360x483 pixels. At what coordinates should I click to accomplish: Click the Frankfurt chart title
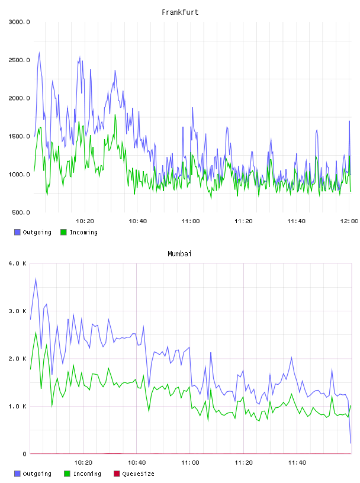click(x=180, y=12)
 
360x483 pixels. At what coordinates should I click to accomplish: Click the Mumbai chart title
click(x=179, y=254)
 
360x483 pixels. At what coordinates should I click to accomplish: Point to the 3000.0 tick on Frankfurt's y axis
click(x=19, y=22)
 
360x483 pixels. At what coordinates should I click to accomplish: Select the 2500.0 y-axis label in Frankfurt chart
click(x=19, y=60)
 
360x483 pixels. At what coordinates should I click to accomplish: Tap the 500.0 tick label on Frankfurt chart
click(x=21, y=212)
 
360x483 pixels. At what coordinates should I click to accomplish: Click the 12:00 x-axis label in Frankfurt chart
click(x=349, y=221)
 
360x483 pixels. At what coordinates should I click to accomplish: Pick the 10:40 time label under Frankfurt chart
click(x=137, y=221)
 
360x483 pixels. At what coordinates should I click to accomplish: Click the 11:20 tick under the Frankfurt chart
click(x=243, y=221)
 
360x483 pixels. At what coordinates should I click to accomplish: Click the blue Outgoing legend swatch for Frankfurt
click(x=17, y=232)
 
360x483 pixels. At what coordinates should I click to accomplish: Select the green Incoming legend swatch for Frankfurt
click(x=63, y=232)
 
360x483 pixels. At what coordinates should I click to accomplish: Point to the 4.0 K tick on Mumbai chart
click(x=17, y=263)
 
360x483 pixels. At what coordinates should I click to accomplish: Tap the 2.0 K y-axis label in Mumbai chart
click(x=17, y=359)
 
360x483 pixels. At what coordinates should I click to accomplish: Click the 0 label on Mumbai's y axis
click(x=25, y=454)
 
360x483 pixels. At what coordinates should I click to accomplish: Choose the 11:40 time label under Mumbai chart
click(x=297, y=463)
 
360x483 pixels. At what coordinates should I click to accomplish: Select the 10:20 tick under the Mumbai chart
click(x=83, y=463)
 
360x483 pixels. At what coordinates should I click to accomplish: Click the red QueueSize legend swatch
click(x=117, y=474)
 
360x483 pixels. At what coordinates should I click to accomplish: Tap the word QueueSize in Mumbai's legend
click(x=138, y=474)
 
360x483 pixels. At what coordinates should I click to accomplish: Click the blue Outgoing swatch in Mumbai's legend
click(x=17, y=474)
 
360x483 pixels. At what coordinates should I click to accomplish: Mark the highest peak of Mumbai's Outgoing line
click(x=36, y=279)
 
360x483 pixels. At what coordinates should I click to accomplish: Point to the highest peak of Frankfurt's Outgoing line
click(x=39, y=53)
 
